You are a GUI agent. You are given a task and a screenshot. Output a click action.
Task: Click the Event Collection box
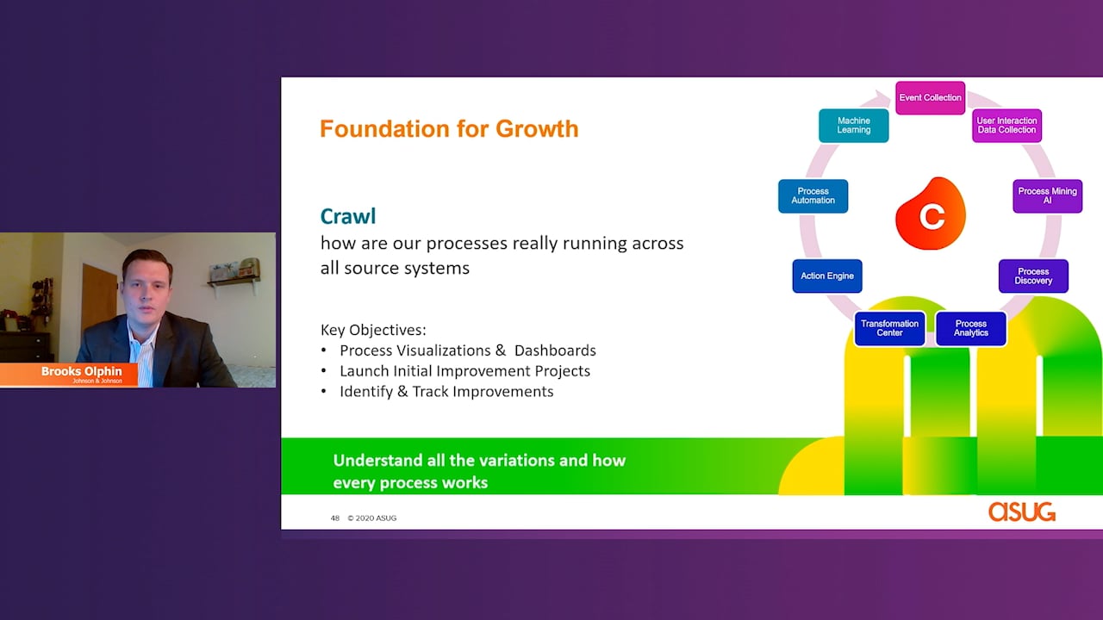click(x=930, y=98)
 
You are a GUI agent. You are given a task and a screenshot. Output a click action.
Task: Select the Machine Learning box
click(x=854, y=126)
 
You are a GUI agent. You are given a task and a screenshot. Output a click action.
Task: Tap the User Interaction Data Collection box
click(x=1006, y=126)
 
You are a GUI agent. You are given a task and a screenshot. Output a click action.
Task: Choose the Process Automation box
click(x=813, y=195)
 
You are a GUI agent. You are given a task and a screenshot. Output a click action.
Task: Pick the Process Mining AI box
click(x=1047, y=195)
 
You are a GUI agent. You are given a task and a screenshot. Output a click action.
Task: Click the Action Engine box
click(x=827, y=276)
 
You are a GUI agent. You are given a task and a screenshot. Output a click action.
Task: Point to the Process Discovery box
click(x=1033, y=276)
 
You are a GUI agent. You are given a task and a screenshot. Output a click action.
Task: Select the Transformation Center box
click(x=889, y=328)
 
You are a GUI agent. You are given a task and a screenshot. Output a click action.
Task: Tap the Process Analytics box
click(x=970, y=328)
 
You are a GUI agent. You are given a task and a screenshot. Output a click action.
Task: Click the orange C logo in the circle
click(x=930, y=214)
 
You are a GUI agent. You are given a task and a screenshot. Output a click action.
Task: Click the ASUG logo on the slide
click(x=1022, y=512)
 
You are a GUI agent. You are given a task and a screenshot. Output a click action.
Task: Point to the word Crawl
click(x=347, y=216)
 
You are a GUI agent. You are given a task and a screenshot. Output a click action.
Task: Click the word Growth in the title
click(x=537, y=129)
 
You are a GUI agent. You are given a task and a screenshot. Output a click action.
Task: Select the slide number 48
click(x=335, y=518)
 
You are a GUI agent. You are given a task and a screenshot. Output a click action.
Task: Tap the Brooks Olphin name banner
click(x=69, y=375)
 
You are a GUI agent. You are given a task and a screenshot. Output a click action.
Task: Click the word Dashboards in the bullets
click(x=555, y=350)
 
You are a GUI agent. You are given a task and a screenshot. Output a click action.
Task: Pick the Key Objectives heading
click(x=373, y=330)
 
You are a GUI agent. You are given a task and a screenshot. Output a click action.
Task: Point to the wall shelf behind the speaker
click(x=234, y=282)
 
